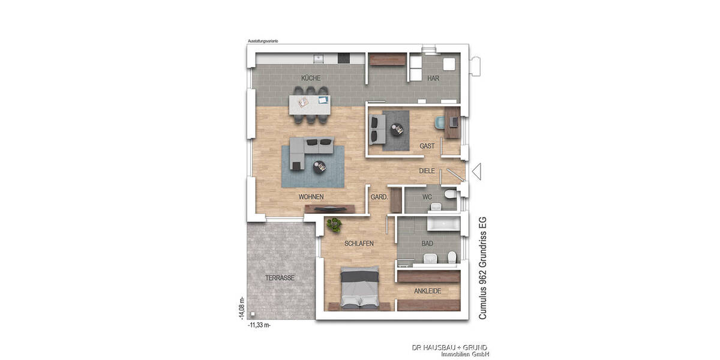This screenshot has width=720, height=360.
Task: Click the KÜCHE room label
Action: (311, 79)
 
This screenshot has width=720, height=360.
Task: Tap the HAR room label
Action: (434, 79)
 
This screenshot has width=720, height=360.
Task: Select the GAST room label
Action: (427, 146)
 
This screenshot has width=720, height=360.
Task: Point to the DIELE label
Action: (427, 171)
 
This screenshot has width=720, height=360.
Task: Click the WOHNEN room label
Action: (311, 197)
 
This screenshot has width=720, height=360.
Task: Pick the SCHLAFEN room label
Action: (359, 244)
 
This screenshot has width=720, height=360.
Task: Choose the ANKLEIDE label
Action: (428, 291)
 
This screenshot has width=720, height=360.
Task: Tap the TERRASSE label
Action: (280, 278)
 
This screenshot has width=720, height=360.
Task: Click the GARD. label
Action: (379, 197)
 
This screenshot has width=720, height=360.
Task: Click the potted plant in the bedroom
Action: (334, 225)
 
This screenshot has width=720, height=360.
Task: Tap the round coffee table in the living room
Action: (320, 167)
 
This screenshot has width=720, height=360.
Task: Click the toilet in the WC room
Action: (450, 195)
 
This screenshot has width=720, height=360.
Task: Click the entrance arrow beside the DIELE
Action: (477, 172)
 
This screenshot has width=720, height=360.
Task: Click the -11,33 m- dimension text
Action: (259, 325)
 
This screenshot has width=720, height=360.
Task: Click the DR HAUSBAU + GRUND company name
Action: (449, 347)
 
